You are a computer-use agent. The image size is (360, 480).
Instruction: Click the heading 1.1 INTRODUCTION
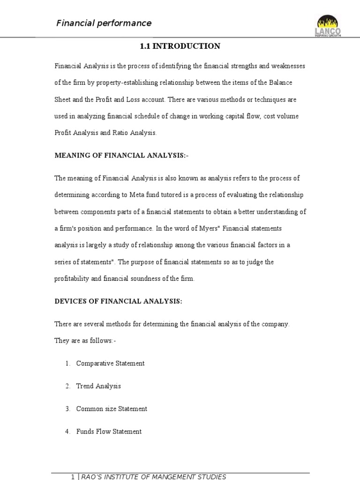180,46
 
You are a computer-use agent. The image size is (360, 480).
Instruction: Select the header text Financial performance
104,23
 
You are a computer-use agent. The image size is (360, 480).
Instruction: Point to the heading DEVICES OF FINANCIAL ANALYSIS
118,301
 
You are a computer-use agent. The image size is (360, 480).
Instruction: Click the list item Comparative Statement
110,363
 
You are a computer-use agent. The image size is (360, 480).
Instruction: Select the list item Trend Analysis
98,386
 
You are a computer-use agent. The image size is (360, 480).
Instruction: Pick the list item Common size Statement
112,409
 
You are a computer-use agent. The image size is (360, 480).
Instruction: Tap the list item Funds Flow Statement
109,431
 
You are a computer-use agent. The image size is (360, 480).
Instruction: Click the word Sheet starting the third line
63,100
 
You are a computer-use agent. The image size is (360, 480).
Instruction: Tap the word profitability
74,279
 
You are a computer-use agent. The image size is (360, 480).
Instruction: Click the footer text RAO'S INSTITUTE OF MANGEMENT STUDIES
154,477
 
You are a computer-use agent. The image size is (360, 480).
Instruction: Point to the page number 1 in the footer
73,477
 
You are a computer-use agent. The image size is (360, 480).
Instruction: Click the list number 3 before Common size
67,409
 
